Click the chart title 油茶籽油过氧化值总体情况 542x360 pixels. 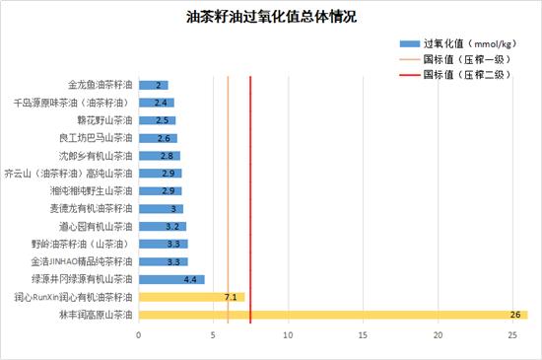[271, 17]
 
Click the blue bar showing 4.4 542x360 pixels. [171, 279]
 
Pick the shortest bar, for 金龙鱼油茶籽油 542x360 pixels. [154, 85]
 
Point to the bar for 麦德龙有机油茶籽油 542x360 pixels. [161, 208]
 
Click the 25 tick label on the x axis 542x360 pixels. [512, 335]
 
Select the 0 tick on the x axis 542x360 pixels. [139, 335]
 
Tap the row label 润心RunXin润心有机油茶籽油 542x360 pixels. [74, 297]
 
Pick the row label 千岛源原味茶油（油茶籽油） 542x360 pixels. [73, 103]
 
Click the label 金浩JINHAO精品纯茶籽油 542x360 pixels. [82, 261]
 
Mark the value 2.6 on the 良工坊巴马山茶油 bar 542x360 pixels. [164, 138]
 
